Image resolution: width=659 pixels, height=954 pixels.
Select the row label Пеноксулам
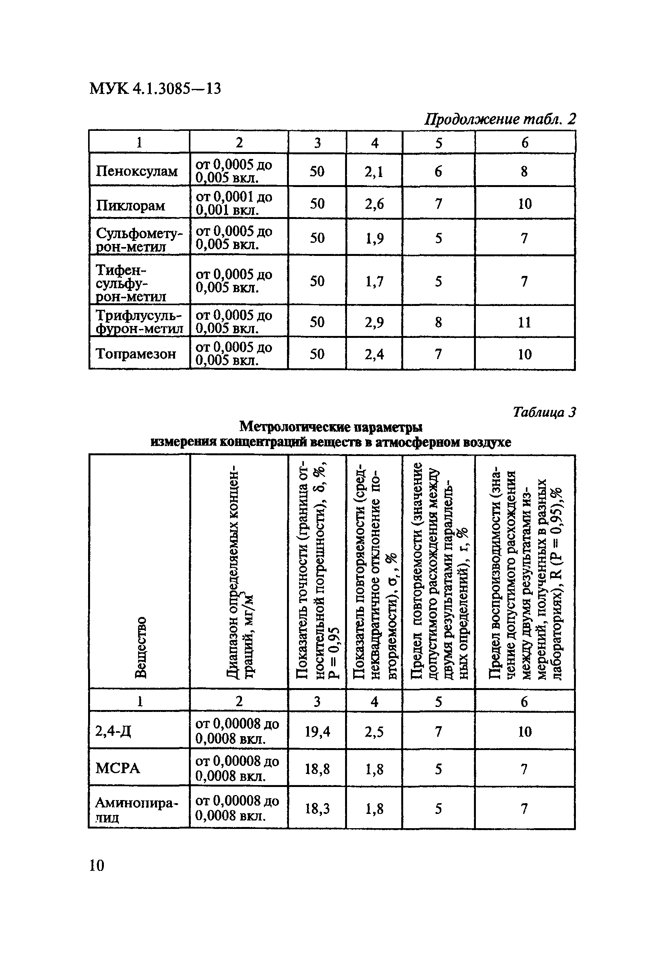[x=137, y=170]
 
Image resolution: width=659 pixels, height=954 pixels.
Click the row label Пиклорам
[x=130, y=205]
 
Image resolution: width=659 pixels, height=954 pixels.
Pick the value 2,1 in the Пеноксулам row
[x=374, y=171]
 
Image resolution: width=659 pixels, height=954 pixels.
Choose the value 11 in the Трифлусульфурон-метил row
[x=524, y=322]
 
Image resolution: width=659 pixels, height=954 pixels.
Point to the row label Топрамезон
[x=136, y=354]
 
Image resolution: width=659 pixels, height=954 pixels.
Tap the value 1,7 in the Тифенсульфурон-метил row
[x=374, y=282]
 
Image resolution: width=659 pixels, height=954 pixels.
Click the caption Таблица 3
[x=544, y=412]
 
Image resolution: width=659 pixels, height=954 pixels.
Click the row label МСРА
[x=118, y=769]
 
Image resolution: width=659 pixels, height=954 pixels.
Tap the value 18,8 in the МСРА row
[x=317, y=769]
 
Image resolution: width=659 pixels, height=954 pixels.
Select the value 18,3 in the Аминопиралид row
[x=317, y=808]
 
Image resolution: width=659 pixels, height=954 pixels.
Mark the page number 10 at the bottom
[x=97, y=865]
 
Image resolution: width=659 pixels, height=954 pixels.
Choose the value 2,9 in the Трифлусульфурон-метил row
[x=374, y=322]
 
